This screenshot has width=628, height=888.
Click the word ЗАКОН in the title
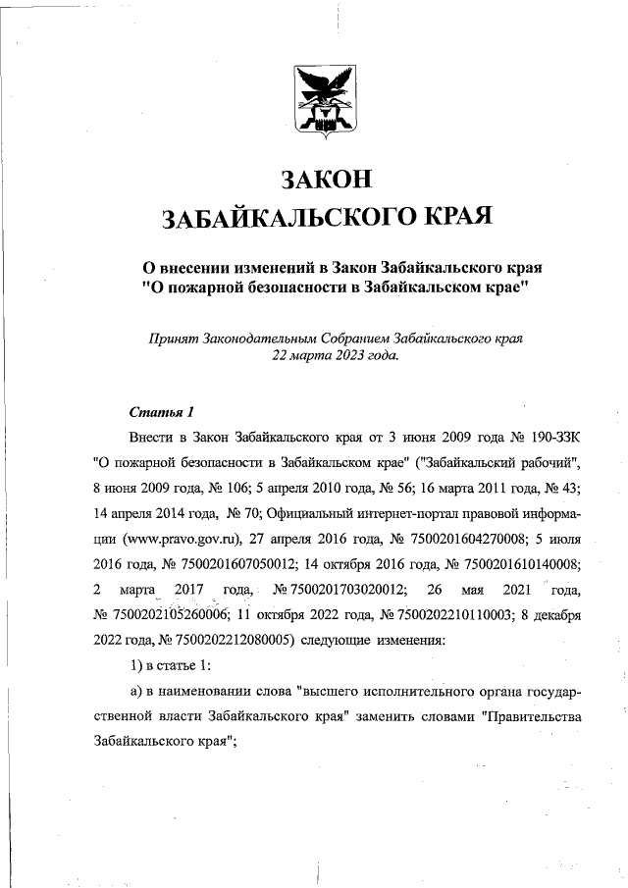[x=327, y=181]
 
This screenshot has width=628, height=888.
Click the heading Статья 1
[x=156, y=410]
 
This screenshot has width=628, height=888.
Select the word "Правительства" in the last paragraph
[x=533, y=717]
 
